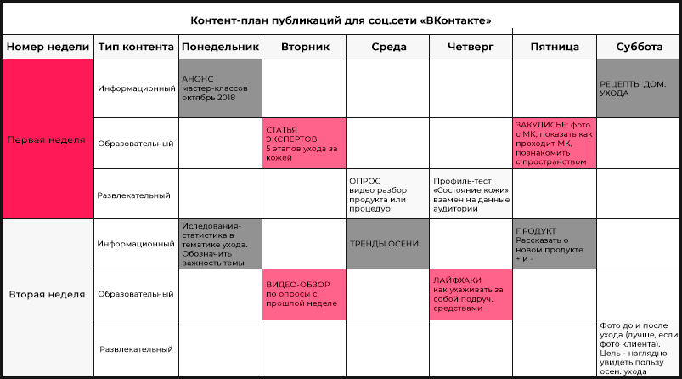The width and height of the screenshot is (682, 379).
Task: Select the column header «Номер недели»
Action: pyautogui.click(x=48, y=48)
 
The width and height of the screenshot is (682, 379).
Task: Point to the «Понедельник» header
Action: pyautogui.click(x=219, y=48)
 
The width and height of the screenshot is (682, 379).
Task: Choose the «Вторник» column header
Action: pyautogui.click(x=304, y=48)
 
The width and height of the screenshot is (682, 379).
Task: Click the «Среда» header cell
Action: pyautogui.click(x=388, y=48)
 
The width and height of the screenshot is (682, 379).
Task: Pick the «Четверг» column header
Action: pyautogui.click(x=471, y=48)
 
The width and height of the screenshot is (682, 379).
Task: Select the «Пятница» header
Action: pyautogui.click(x=554, y=48)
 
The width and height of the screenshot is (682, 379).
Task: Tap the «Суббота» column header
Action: pyautogui.click(x=639, y=48)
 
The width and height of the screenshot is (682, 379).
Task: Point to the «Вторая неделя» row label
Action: pyautogui.click(x=48, y=294)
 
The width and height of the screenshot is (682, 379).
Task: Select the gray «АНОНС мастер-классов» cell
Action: pyautogui.click(x=219, y=88)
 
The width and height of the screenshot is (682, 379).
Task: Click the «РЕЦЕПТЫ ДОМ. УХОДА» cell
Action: pyautogui.click(x=639, y=88)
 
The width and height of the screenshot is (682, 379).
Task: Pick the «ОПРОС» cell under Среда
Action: pyautogui.click(x=388, y=194)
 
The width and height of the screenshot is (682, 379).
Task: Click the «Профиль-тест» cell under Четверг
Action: pyautogui.click(x=471, y=194)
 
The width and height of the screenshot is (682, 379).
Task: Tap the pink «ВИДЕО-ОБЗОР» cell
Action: pyautogui.click(x=304, y=293)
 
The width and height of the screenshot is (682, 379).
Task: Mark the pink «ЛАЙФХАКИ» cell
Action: pyautogui.click(x=471, y=293)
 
